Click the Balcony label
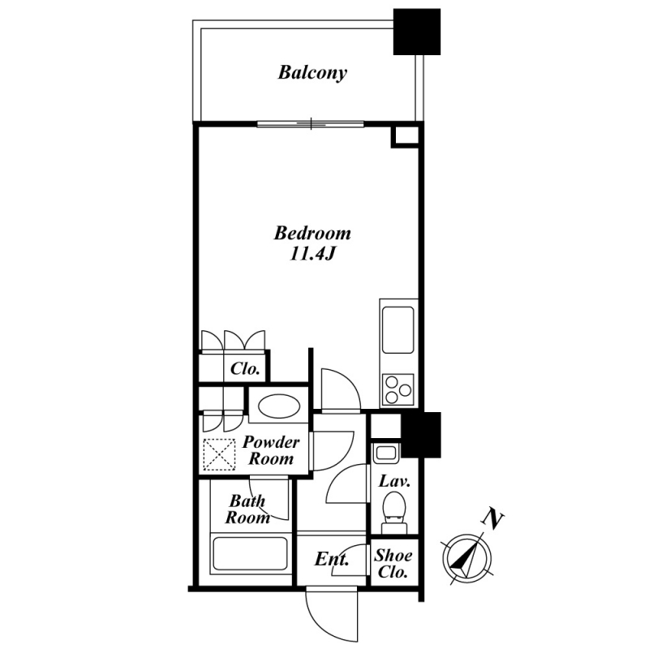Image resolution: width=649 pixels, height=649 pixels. point(312,73)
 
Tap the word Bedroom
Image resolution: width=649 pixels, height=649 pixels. point(312,234)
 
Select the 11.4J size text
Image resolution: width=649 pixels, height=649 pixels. point(312,254)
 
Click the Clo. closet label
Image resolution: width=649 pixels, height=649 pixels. point(245,368)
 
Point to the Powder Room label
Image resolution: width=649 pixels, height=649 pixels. point(271,450)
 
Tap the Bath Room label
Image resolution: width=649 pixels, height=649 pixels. point(247,509)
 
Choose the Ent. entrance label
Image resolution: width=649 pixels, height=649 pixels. point(332,560)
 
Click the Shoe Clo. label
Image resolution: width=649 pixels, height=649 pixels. point(393,564)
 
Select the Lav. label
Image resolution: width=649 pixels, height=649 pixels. point(394,481)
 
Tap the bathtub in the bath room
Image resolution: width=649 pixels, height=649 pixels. point(250,553)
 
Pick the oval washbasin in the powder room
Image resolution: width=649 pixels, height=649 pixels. point(278,406)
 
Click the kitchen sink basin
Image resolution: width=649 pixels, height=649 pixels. point(398,330)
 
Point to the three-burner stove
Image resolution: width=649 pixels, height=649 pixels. point(398,389)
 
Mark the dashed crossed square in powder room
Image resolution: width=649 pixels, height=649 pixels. point(219,454)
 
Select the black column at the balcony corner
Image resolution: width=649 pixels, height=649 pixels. point(417,32)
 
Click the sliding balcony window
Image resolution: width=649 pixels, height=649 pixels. point(311,124)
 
